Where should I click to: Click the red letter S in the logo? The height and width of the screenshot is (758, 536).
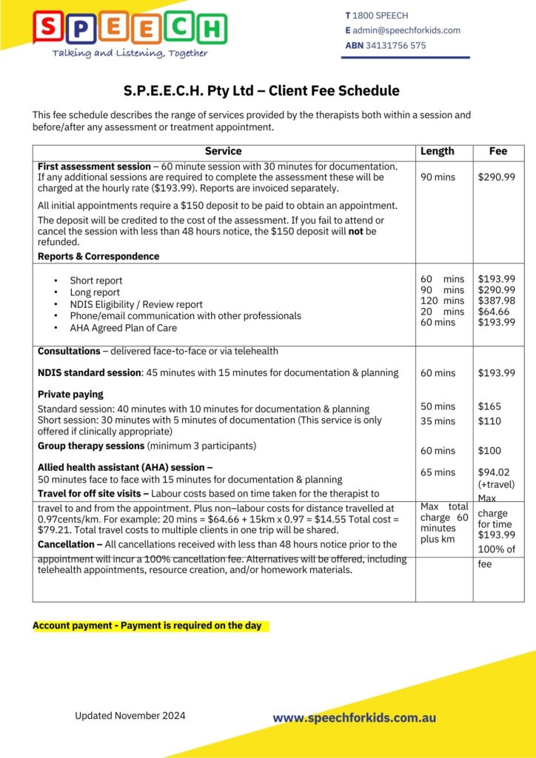coord(49,28)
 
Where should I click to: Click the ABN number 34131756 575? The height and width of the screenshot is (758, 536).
coord(395,45)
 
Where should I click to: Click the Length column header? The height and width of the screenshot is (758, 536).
coord(437,151)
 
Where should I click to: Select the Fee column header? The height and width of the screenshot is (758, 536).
coord(498,151)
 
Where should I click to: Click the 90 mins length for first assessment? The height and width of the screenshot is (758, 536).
coord(438,178)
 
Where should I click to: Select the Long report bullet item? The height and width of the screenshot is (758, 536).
coord(95,292)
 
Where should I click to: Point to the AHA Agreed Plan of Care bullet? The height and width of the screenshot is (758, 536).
coord(124,328)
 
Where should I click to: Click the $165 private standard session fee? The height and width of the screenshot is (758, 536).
coord(489,406)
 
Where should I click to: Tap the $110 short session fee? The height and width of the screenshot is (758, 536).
coord(489,421)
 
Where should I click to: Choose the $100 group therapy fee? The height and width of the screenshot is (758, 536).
coord(489,451)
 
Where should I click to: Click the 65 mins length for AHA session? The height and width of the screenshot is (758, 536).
coord(438,472)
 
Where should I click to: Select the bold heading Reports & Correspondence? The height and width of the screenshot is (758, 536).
coord(98,256)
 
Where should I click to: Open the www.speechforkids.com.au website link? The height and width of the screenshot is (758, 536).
coord(354,718)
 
